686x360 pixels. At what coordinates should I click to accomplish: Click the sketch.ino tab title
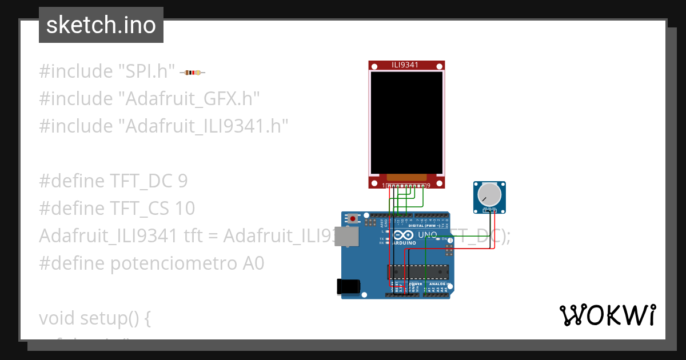(x=101, y=25)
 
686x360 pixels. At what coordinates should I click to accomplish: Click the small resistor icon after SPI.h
(x=193, y=73)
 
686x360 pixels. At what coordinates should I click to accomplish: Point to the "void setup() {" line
(x=95, y=318)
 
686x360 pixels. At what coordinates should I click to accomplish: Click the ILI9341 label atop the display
(x=405, y=65)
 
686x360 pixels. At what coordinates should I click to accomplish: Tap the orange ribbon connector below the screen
(x=406, y=178)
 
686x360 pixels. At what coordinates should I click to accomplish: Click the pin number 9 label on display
(x=428, y=186)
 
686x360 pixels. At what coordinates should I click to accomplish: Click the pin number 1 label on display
(x=384, y=186)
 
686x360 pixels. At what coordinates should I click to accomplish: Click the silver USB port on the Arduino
(x=344, y=236)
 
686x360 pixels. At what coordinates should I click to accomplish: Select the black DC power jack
(x=348, y=286)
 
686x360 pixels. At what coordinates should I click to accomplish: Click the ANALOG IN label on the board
(x=438, y=284)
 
